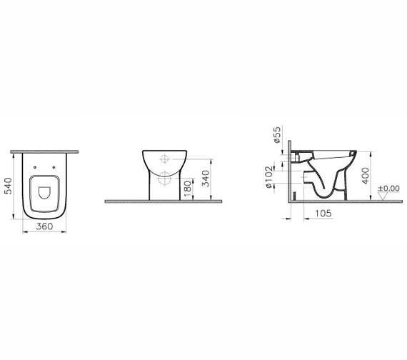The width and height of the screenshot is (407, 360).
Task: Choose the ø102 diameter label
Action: tap(270, 178)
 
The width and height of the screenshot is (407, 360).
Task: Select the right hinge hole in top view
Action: tap(57, 179)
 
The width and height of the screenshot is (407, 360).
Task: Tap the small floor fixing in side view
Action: tap(295, 194)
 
